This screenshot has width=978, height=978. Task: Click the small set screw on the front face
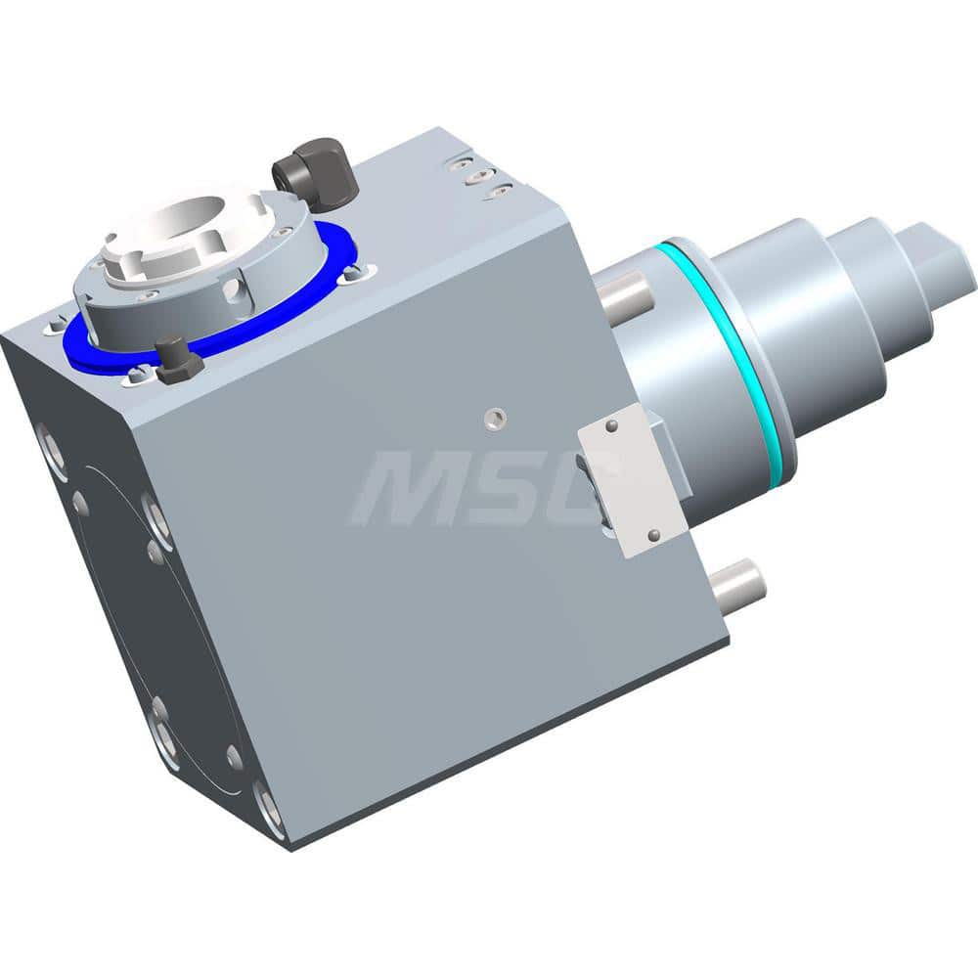click(x=493, y=418)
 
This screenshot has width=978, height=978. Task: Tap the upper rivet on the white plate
click(x=611, y=425)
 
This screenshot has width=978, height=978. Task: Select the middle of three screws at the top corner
click(x=476, y=177)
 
